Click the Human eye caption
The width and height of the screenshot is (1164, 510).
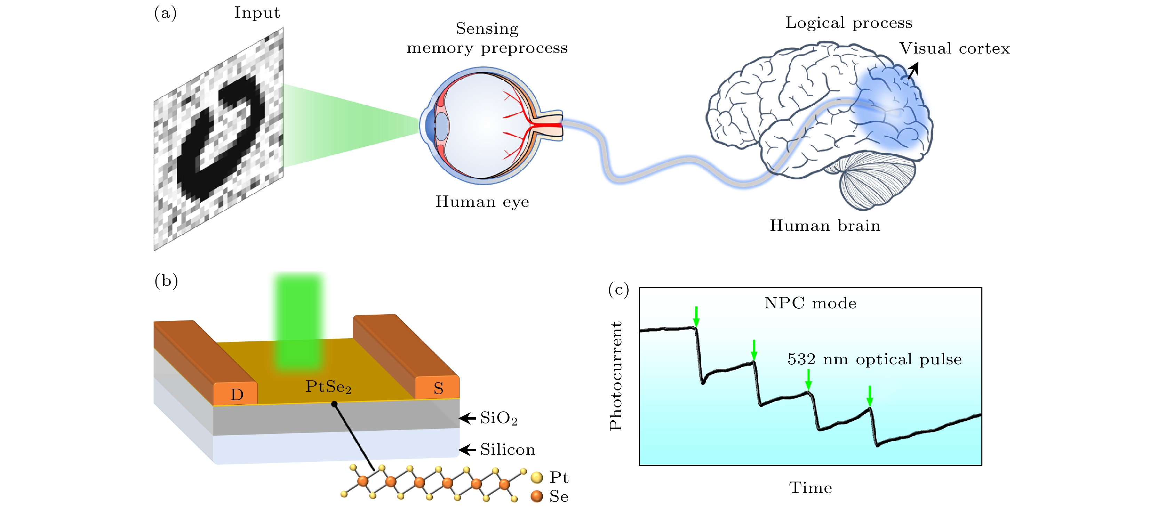[482, 202]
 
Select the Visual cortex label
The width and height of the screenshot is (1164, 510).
[954, 48]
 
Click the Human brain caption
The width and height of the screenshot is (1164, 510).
[825, 225]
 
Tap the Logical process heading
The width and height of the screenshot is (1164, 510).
[848, 23]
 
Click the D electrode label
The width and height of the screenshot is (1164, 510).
[237, 394]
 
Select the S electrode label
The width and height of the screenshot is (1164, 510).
[438, 388]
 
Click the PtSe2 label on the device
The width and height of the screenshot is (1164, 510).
[328, 387]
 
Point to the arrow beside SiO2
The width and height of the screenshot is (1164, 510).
[467, 418]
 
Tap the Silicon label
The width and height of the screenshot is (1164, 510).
[508, 450]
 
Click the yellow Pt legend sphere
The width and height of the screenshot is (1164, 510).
[537, 477]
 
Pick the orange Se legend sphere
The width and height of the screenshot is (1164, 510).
[537, 496]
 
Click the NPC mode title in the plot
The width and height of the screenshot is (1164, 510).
[810, 303]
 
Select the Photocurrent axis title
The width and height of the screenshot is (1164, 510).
[615, 375]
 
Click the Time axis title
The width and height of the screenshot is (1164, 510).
[810, 488]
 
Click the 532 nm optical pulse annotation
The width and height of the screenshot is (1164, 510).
[874, 359]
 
